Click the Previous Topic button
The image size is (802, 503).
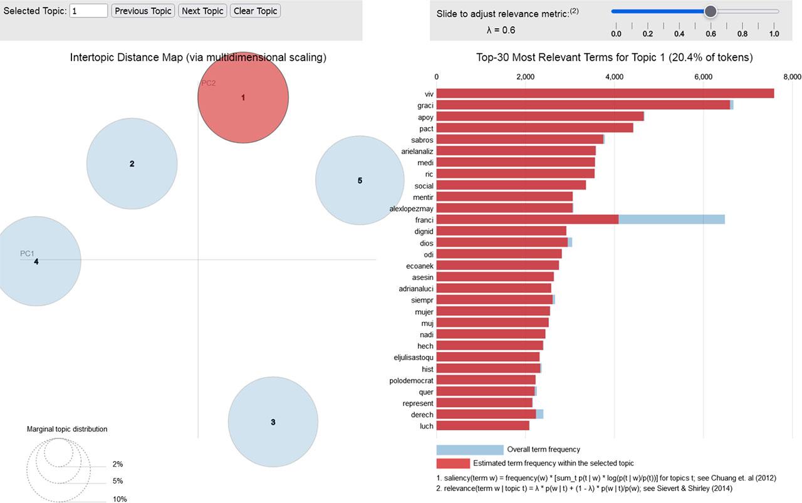143,11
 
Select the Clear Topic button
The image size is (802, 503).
255,11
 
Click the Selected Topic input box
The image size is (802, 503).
88,11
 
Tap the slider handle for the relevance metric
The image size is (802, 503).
710,11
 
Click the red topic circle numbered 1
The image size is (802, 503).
243,98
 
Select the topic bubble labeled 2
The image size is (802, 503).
132,164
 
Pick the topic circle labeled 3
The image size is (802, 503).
273,422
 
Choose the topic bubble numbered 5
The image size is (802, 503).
360,180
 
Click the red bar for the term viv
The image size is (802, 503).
605,93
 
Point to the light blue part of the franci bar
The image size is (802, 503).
671,219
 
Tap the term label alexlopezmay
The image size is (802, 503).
411,208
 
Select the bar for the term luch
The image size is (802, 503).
482,426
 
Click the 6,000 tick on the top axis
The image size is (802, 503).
704,77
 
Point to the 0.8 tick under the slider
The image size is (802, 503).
742,34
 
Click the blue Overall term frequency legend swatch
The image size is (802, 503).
470,450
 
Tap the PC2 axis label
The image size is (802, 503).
209,83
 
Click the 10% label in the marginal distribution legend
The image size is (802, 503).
120,499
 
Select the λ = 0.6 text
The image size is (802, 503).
497,29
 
